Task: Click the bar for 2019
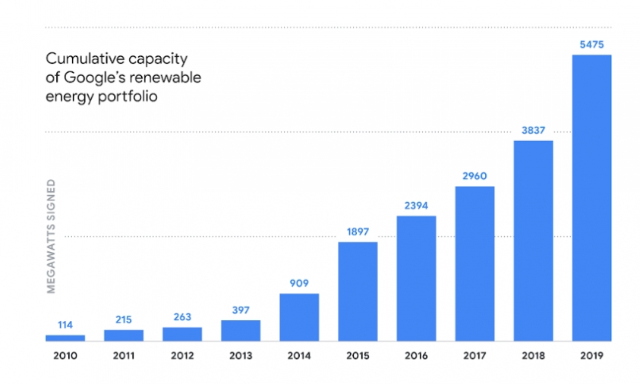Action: [x=591, y=197]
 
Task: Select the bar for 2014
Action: [x=299, y=316]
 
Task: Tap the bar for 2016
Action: [x=416, y=278]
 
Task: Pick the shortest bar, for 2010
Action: [x=65, y=338]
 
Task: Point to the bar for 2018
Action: [x=533, y=241]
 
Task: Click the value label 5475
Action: [x=591, y=45]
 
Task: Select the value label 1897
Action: [x=358, y=231]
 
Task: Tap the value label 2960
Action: [x=474, y=176]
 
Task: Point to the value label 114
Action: [x=65, y=325]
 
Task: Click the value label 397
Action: [x=241, y=310]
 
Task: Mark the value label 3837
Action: [x=533, y=131]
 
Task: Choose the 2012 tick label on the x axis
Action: [x=182, y=354]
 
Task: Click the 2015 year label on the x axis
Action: [x=358, y=354]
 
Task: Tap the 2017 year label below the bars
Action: [x=474, y=354]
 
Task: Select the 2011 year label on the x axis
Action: [x=124, y=354]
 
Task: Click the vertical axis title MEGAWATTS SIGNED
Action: [x=52, y=236]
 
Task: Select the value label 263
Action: [x=182, y=317]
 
